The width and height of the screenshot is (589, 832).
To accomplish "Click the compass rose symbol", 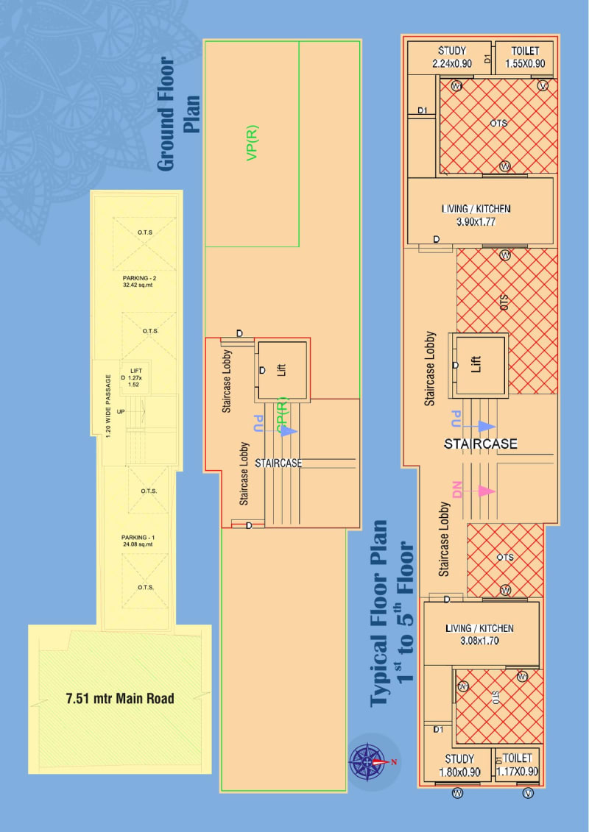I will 374,762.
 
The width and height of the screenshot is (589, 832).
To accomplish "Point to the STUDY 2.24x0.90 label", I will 452,57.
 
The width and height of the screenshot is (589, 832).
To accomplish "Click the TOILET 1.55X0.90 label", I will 525,57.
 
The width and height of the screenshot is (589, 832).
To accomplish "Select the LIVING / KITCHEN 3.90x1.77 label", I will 476,214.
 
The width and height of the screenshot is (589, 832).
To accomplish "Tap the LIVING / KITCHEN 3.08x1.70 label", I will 479,635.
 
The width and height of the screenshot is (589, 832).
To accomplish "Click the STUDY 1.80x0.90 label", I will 459,764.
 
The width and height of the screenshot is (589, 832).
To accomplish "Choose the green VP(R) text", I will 253,143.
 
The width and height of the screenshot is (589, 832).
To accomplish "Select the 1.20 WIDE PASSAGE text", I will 108,405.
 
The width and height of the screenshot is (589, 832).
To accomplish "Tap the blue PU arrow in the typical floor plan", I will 475,426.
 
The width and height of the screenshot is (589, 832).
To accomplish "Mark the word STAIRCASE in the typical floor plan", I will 480,444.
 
